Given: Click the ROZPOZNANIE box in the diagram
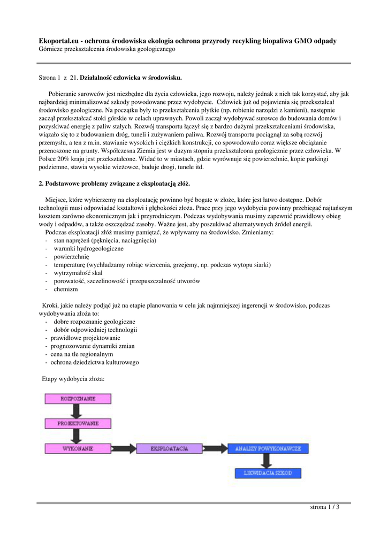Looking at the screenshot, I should (x=78, y=399).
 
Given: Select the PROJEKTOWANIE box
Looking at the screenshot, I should (x=78, y=423).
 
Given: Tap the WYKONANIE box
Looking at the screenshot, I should (x=78, y=448).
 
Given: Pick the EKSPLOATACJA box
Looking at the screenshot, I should (x=169, y=448).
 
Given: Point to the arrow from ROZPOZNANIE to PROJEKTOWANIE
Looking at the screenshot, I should (x=78, y=411).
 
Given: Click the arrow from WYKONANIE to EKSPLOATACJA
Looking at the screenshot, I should (x=124, y=448).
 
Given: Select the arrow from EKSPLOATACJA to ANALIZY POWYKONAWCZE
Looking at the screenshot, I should (x=214, y=448).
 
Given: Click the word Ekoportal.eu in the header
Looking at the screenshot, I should (x=58, y=41).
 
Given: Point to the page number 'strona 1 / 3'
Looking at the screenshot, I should (x=325, y=507).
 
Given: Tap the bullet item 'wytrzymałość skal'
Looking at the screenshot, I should (x=78, y=273).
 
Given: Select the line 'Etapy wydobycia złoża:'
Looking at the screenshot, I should (x=73, y=379).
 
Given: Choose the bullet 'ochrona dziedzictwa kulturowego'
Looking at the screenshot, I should (x=95, y=362).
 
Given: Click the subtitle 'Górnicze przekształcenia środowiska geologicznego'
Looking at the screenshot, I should (x=107, y=49).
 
